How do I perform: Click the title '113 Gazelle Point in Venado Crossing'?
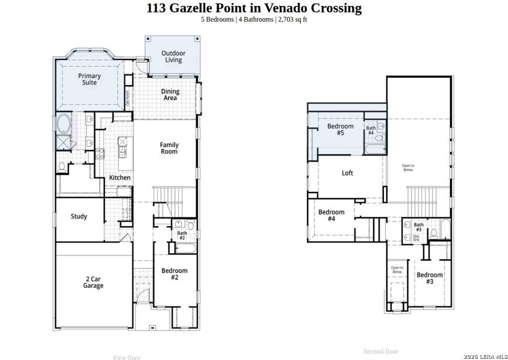pyautogui.click(x=254, y=8)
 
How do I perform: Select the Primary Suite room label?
pyautogui.click(x=89, y=79)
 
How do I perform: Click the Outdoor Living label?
pyautogui.click(x=173, y=56)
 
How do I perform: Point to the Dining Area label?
pyautogui.click(x=170, y=95)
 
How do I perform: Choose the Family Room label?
pyautogui.click(x=169, y=148)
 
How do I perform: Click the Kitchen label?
pyautogui.click(x=119, y=178)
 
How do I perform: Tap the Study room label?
pyautogui.click(x=79, y=217)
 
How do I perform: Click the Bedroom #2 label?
pyautogui.click(x=174, y=274)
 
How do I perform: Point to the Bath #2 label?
pyautogui.click(x=181, y=235)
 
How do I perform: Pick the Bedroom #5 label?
pyautogui.click(x=340, y=130)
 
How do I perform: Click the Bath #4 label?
pyautogui.click(x=371, y=130)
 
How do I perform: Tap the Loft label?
pyautogui.click(x=347, y=173)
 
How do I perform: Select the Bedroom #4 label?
pyautogui.click(x=331, y=215)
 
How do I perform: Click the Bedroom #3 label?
pyautogui.click(x=429, y=278)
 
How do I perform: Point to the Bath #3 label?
pyautogui.click(x=418, y=227)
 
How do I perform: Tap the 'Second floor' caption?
pyautogui.click(x=380, y=352)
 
